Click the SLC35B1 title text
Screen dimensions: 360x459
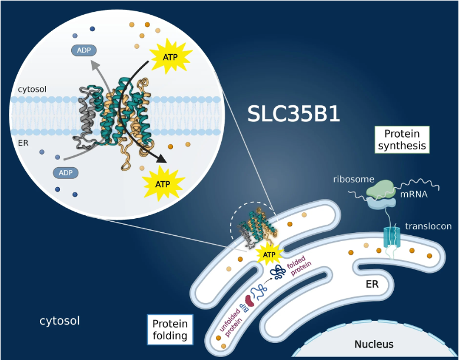tap(295, 113)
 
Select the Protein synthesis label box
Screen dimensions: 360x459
tap(401, 139)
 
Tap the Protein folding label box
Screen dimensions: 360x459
tap(169, 330)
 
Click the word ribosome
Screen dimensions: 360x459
tap(353, 179)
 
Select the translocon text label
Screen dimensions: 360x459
tap(428, 226)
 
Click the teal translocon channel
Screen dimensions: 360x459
tap(391, 237)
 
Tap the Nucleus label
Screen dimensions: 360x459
tap(373, 344)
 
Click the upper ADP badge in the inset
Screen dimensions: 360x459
tap(84, 50)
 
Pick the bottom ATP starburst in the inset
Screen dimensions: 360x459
tap(162, 183)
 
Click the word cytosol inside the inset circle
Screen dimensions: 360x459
tap(32, 89)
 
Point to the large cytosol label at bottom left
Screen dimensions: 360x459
tap(59, 321)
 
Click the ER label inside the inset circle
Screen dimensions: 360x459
tap(24, 142)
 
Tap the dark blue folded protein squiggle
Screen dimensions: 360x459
tap(277, 271)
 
